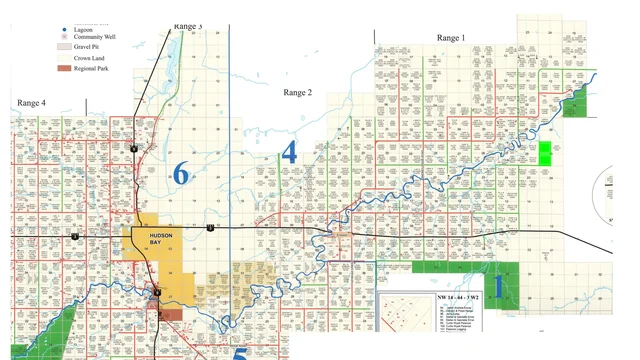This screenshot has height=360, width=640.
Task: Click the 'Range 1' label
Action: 451,38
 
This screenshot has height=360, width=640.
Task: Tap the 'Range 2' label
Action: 298,92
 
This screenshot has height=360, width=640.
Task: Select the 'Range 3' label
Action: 187,26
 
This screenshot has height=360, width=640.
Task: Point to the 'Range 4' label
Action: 32,103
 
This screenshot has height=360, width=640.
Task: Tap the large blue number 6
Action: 181,173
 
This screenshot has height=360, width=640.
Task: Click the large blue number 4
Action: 289,153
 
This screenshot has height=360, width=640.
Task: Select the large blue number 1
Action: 499,285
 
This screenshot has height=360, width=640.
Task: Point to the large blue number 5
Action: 239,352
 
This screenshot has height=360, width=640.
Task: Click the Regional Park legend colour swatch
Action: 64,70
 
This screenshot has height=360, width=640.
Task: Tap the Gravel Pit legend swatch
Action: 64,46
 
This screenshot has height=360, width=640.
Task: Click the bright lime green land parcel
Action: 545,153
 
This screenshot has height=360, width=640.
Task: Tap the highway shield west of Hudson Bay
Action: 74,237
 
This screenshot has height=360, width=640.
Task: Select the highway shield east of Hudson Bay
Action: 211,229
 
